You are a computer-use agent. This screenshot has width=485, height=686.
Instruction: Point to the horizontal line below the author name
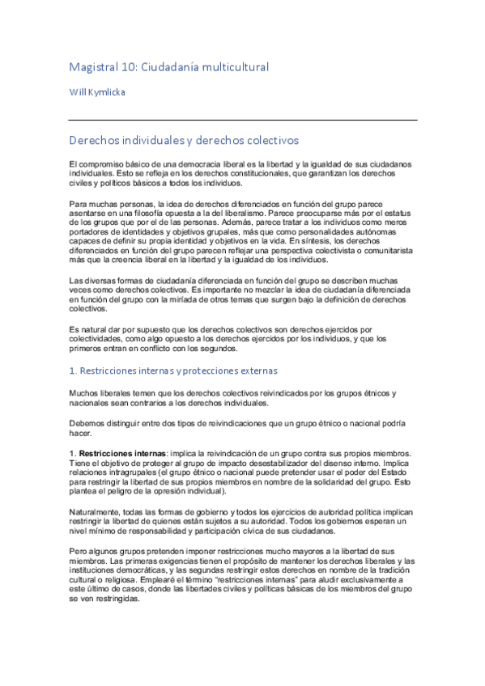click(243, 120)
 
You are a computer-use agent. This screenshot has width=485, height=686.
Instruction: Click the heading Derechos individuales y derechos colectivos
click(185, 140)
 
